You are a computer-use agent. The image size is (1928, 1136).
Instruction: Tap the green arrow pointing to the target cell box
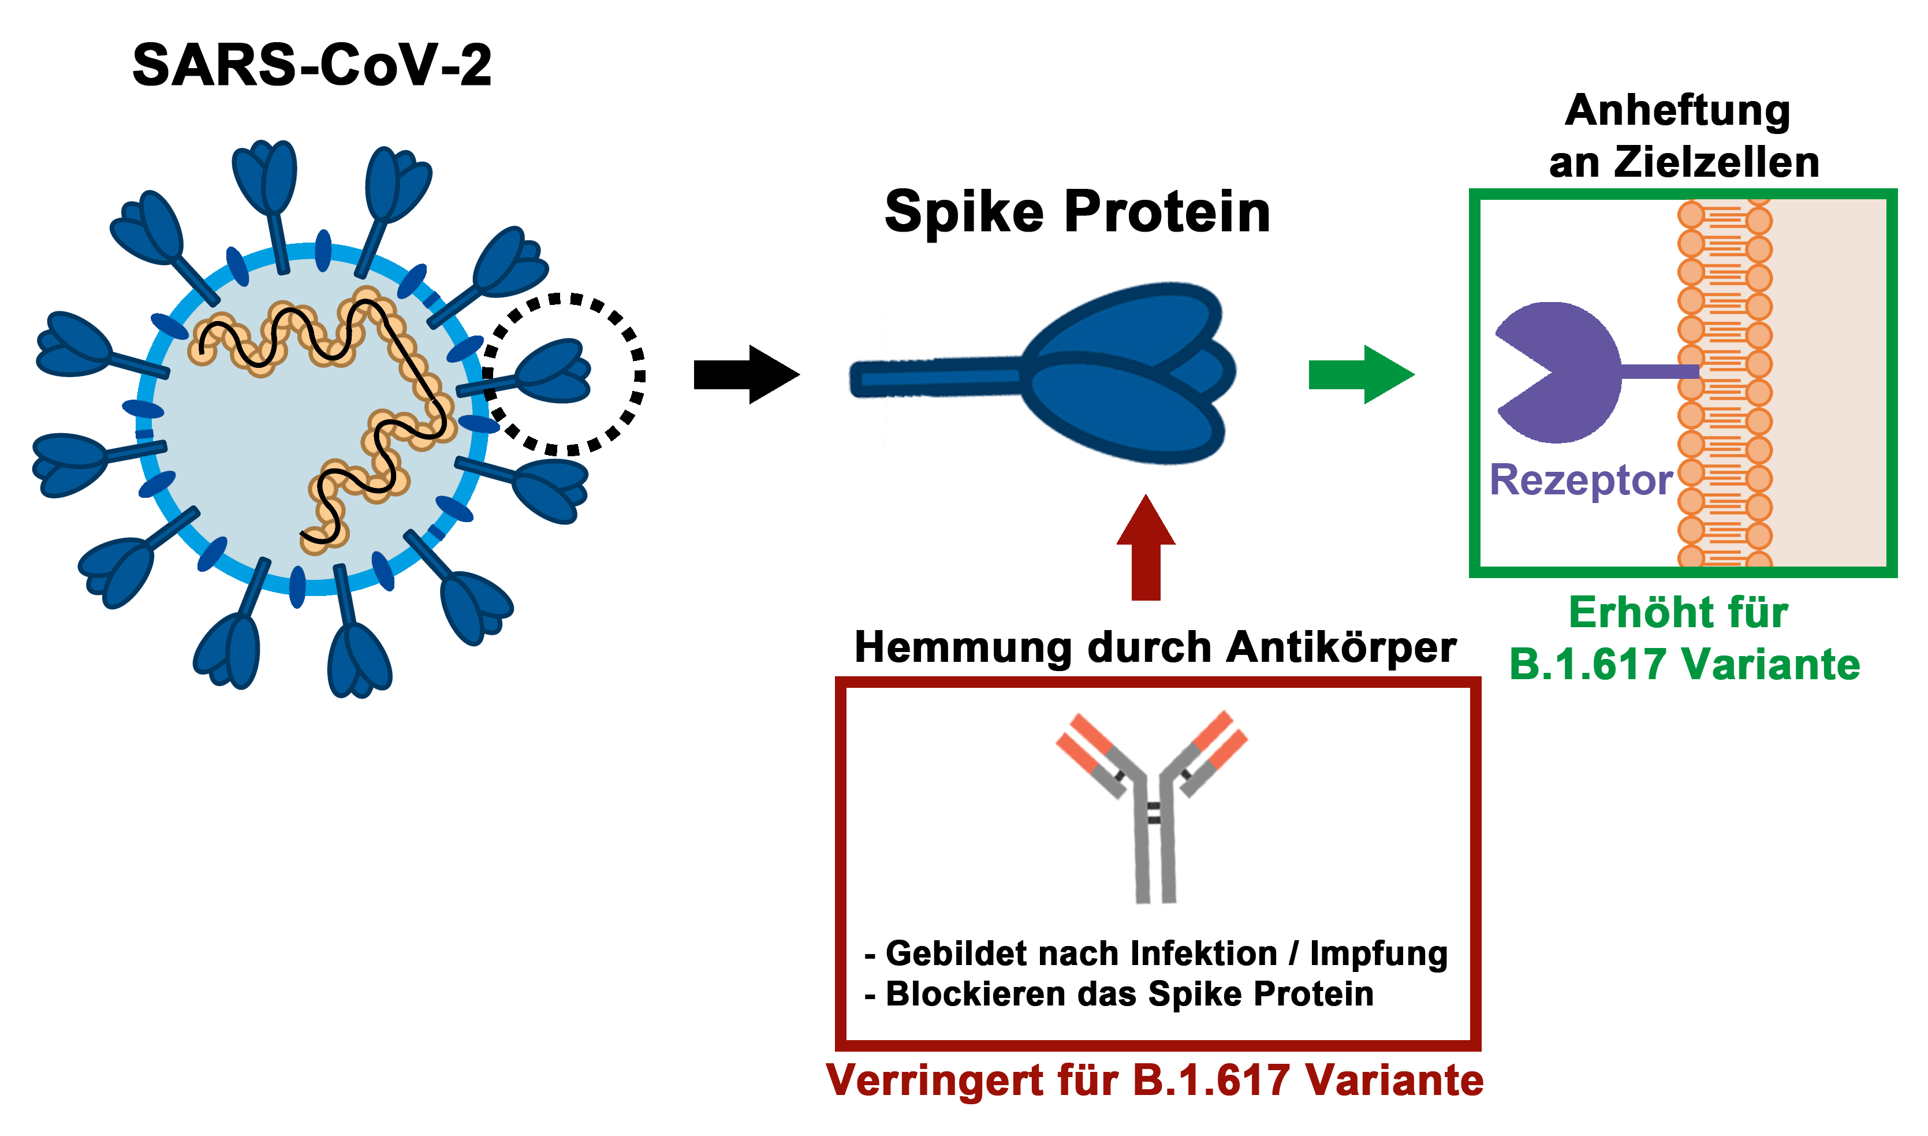(1359, 374)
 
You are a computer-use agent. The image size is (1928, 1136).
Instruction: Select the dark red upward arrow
(1145, 547)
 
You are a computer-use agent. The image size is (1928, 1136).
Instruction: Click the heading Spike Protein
(1077, 211)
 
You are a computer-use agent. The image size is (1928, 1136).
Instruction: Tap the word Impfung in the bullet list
(1378, 954)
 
